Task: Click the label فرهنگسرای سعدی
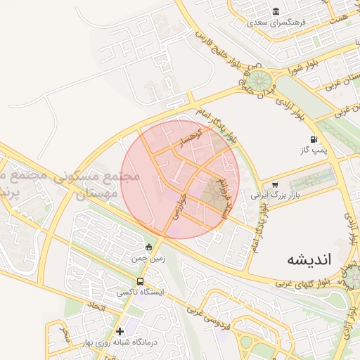tap(277, 22)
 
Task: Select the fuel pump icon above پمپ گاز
tap(313, 139)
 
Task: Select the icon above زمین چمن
tap(148, 247)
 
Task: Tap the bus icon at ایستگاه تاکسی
tap(140, 281)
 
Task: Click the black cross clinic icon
tap(120, 330)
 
